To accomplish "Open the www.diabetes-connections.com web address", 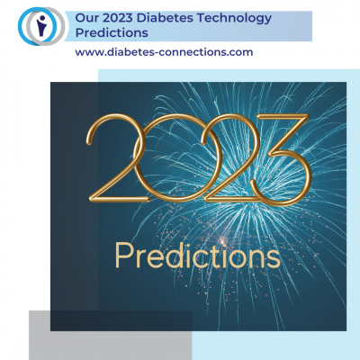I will tap(164, 52).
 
